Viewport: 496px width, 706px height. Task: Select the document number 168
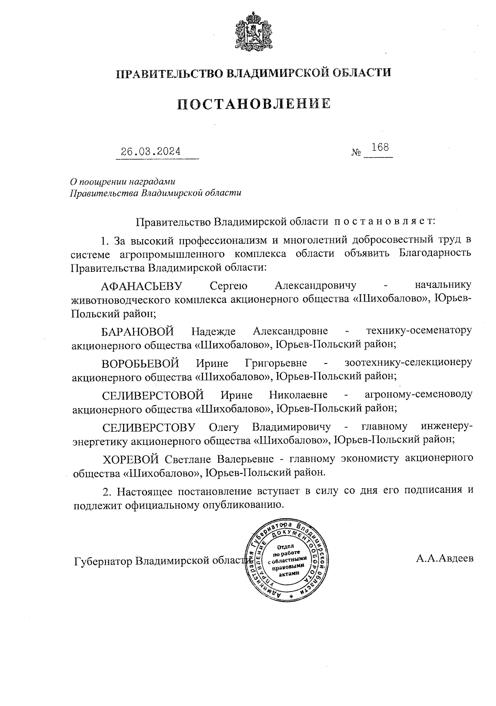point(380,147)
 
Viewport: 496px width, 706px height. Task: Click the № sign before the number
point(356,152)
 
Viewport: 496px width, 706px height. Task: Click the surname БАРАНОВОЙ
point(138,331)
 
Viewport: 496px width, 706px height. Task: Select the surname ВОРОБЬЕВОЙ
point(141,363)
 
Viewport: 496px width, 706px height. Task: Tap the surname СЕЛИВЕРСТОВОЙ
point(153,395)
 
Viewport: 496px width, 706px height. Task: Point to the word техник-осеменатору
point(419,331)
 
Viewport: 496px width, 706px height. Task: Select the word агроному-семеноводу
point(418,395)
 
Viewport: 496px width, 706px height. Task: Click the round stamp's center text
point(289,561)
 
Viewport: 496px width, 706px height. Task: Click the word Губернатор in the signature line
point(103,561)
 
